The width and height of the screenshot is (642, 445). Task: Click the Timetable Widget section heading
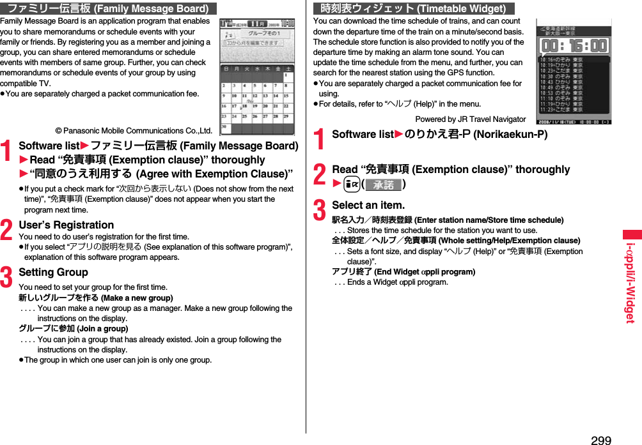click(414, 8)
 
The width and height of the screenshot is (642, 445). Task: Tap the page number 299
click(600, 439)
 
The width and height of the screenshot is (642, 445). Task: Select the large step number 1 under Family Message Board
click(8, 153)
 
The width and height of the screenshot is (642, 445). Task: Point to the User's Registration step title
click(67, 225)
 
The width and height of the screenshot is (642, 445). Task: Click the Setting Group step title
click(54, 272)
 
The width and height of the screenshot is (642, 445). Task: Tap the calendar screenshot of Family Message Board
click(256, 77)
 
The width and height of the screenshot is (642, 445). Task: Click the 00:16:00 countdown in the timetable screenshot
click(574, 45)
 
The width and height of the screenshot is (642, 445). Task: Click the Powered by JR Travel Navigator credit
click(470, 119)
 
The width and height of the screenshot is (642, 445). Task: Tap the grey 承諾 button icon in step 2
click(384, 185)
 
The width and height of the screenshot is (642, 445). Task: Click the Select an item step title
click(368, 205)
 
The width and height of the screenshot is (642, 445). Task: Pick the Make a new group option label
click(96, 298)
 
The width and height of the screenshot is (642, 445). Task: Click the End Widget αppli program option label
click(403, 272)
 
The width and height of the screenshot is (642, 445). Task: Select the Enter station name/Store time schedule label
click(448, 220)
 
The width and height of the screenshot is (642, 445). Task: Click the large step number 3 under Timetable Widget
click(320, 211)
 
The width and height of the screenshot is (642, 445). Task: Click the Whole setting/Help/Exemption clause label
click(456, 241)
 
